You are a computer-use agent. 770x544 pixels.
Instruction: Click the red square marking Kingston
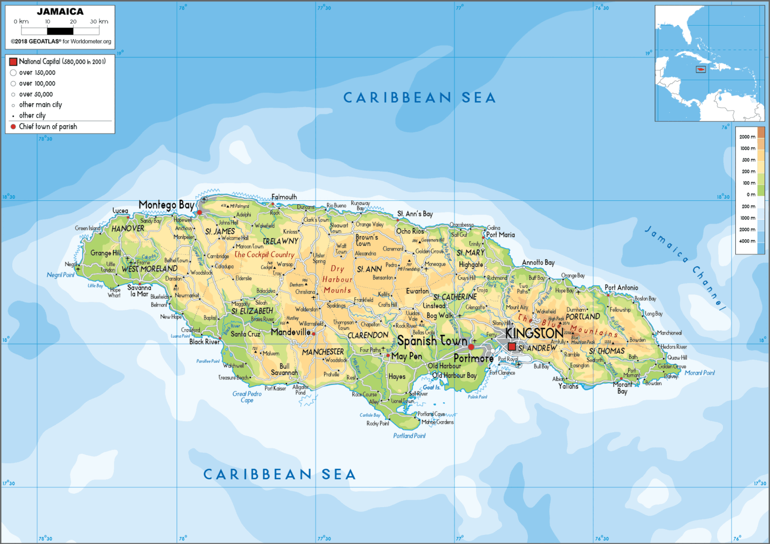pyautogui.click(x=512, y=347)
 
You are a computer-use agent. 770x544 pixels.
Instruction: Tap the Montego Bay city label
pyautogui.click(x=166, y=205)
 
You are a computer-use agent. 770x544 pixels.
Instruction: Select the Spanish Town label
pyautogui.click(x=432, y=341)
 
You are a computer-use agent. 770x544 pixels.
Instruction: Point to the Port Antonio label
pyautogui.click(x=621, y=287)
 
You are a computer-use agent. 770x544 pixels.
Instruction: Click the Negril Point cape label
pyautogui.click(x=60, y=275)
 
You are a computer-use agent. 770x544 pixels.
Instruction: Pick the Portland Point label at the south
pyautogui.click(x=409, y=436)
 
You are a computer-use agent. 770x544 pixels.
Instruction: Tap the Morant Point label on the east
pyautogui.click(x=699, y=373)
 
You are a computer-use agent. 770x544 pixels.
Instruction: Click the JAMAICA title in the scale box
pyautogui.click(x=60, y=12)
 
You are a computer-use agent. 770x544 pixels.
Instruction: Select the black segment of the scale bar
pyautogui.click(x=60, y=31)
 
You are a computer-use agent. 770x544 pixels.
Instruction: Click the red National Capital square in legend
pyautogui.click(x=13, y=62)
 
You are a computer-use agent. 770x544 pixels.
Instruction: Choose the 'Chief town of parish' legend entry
pyautogui.click(x=48, y=127)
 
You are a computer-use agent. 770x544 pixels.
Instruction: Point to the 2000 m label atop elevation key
pyautogui.click(x=747, y=137)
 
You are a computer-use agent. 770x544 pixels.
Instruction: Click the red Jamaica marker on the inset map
pyautogui.click(x=700, y=69)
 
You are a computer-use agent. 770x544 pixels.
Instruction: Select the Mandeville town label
pyautogui.click(x=290, y=332)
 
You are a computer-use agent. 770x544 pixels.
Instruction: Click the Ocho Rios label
pyautogui.click(x=410, y=231)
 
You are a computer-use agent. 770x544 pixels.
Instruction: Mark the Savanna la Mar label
pyautogui.click(x=140, y=291)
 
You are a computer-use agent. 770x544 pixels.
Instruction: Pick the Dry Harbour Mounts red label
pyautogui.click(x=337, y=279)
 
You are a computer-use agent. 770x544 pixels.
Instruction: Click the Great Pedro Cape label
pyautogui.click(x=247, y=397)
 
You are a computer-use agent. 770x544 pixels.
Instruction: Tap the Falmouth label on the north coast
pyautogui.click(x=284, y=197)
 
